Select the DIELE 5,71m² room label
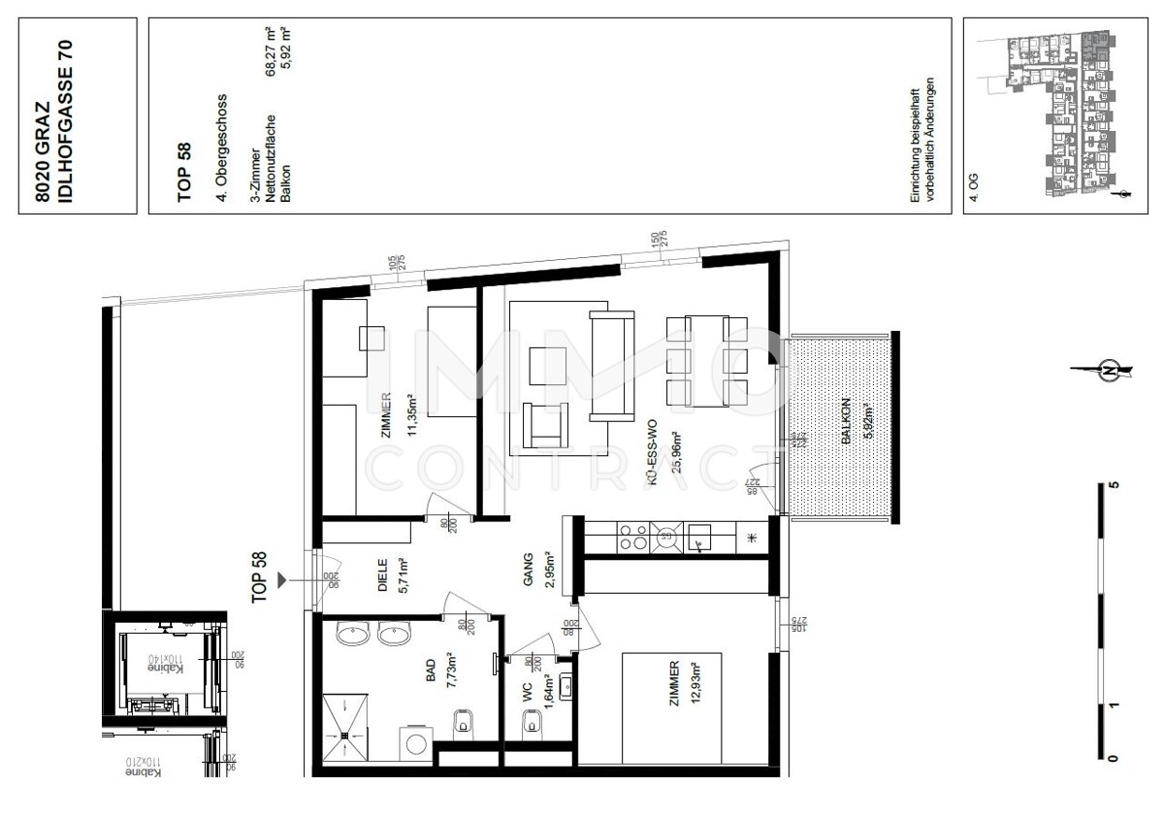coord(391,578)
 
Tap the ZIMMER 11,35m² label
coord(398,416)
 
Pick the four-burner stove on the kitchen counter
coord(633,536)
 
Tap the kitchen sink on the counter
coord(699,537)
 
